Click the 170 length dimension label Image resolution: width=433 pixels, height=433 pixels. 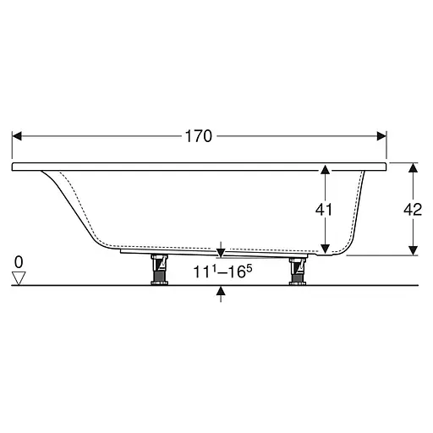(x=199, y=136)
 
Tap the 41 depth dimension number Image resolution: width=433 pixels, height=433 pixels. (x=324, y=210)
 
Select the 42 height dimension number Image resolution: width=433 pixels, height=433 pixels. (x=413, y=210)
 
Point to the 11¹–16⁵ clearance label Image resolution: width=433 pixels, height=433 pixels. (x=222, y=271)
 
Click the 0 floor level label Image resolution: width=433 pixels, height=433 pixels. (x=19, y=262)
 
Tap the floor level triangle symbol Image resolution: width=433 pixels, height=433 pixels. (x=19, y=278)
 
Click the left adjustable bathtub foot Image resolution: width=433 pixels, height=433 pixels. (x=159, y=270)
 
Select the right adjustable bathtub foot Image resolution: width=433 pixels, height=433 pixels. (x=298, y=271)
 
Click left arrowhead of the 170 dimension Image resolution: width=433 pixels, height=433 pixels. (x=17, y=136)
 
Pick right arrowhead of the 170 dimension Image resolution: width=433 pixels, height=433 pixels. (x=381, y=136)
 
